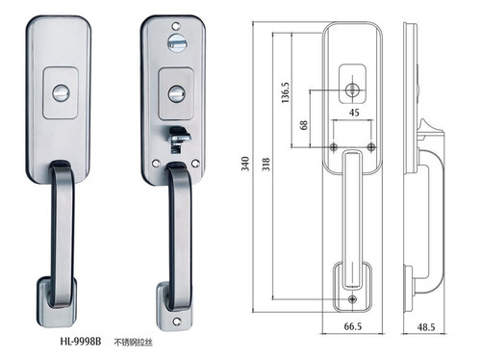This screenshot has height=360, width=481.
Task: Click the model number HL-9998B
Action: click(x=81, y=342)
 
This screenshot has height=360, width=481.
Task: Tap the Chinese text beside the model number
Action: click(x=133, y=343)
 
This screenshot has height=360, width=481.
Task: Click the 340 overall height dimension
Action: click(x=245, y=164)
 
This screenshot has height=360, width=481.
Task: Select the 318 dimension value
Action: click(x=266, y=164)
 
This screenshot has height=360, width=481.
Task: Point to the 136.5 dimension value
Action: click(x=285, y=92)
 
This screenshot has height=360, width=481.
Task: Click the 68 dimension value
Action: click(x=303, y=125)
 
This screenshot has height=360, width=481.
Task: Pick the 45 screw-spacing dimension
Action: click(x=354, y=113)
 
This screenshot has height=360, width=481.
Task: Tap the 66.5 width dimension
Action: click(x=353, y=326)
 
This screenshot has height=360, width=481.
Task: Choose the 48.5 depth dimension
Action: click(x=426, y=327)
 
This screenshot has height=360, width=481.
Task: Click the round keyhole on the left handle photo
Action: click(x=61, y=93)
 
